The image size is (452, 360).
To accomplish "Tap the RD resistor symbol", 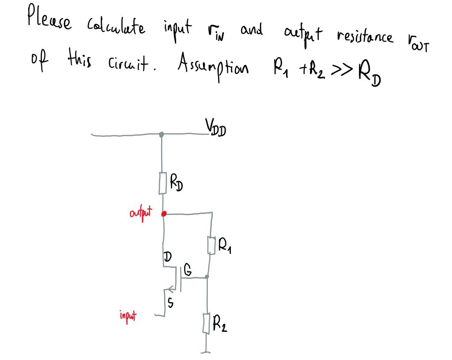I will point(162,183).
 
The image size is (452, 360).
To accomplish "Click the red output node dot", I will point(164,214).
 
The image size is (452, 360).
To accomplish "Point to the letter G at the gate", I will point(188,272).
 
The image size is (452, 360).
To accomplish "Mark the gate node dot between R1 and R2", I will point(207,277).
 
